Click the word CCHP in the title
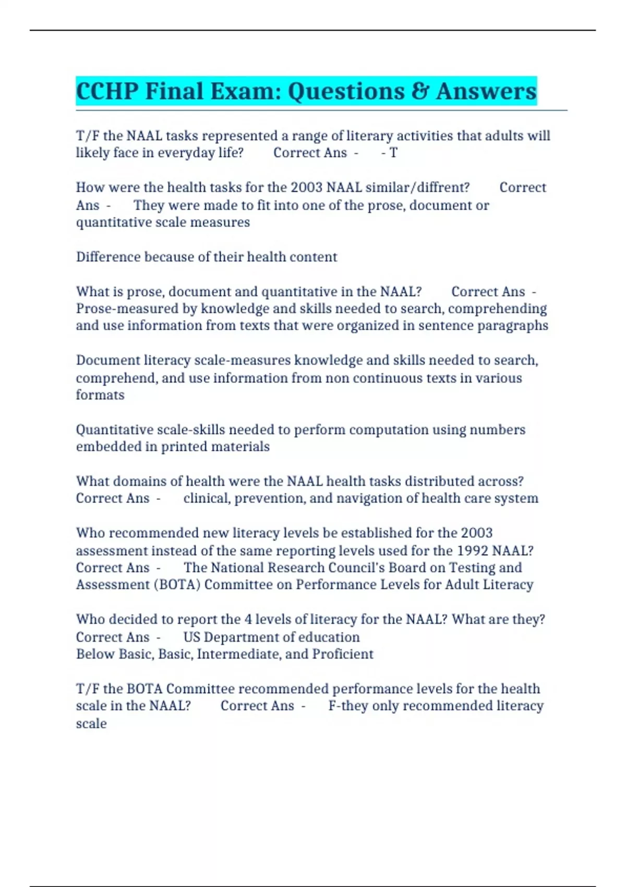tap(107, 91)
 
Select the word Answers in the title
tap(486, 91)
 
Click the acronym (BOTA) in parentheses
tap(177, 584)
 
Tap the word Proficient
tap(343, 654)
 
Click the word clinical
tap(206, 498)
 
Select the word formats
tap(100, 395)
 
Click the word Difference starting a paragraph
tap(108, 257)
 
